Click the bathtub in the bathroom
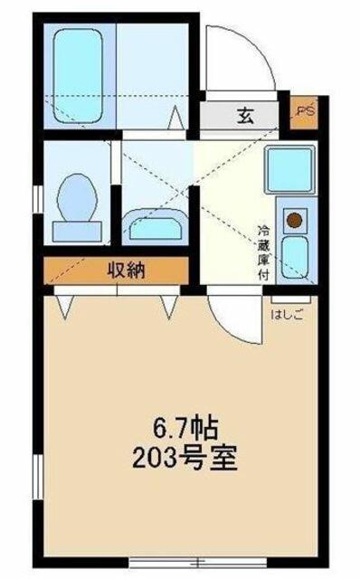pyautogui.click(x=79, y=75)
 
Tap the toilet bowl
pyautogui.click(x=77, y=198)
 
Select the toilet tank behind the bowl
pyautogui.click(x=77, y=232)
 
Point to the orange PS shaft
pyautogui.click(x=304, y=112)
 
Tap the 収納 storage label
pyautogui.click(x=126, y=271)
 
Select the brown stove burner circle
pyautogui.click(x=295, y=221)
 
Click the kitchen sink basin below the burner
pyautogui.click(x=295, y=258)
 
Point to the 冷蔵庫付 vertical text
pyautogui.click(x=263, y=252)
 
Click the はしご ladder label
pyautogui.click(x=287, y=315)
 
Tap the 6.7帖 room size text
pyautogui.click(x=185, y=429)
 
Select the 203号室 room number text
pyautogui.click(x=184, y=458)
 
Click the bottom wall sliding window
pyautogui.click(x=197, y=563)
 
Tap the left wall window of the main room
pyautogui.click(x=38, y=477)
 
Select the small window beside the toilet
pyautogui.click(x=38, y=199)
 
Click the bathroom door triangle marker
pyautogui.click(x=176, y=118)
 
